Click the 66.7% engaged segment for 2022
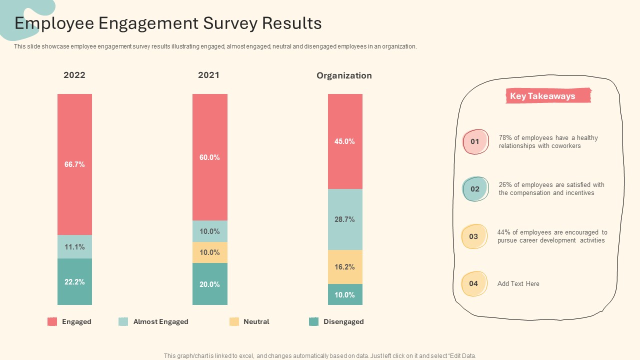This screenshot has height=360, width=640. click(74, 164)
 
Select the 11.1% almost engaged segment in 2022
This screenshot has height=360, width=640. click(74, 247)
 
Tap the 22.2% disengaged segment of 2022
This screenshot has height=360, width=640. click(74, 281)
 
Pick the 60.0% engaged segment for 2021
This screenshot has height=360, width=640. click(210, 157)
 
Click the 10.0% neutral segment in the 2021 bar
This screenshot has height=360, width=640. click(210, 252)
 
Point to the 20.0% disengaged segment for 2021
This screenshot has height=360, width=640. click(210, 284)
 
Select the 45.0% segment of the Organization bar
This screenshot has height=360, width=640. click(345, 141)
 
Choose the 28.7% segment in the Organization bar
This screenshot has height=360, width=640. click(345, 219)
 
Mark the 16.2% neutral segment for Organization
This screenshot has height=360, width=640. click(345, 267)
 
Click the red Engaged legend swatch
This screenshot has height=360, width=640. click(52, 321)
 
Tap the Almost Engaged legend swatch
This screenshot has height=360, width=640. click(123, 321)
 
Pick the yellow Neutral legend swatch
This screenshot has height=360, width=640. click(234, 321)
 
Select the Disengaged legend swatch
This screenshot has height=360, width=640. click(313, 321)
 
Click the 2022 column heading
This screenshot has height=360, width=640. click(74, 75)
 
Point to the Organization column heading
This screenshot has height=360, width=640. click(344, 75)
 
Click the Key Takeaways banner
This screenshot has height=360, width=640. click(548, 96)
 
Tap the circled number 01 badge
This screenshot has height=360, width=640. click(475, 141)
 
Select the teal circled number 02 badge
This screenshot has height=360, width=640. click(475, 189)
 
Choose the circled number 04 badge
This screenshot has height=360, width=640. click(473, 283)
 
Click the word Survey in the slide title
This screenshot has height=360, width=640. click(230, 23)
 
